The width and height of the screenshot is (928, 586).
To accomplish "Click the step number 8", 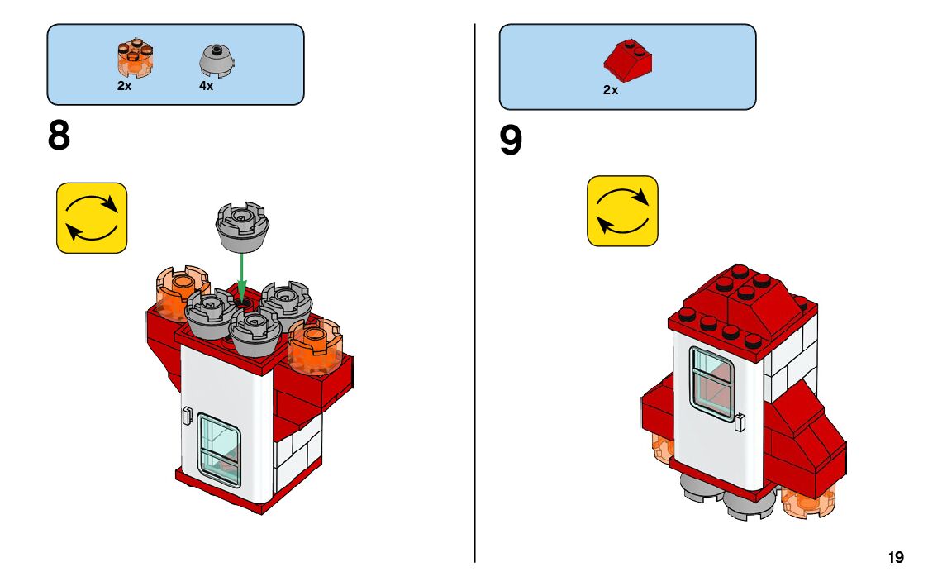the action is pyautogui.click(x=59, y=136).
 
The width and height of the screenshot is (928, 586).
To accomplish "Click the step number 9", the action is pyautogui.click(x=511, y=141).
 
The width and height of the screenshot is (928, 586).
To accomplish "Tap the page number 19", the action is pyautogui.click(x=896, y=558).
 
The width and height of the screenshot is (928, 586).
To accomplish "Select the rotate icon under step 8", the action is pyautogui.click(x=92, y=217).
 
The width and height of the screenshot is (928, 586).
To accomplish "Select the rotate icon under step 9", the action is pyautogui.click(x=622, y=211).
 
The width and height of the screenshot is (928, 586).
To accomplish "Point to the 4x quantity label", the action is pyautogui.click(x=206, y=86).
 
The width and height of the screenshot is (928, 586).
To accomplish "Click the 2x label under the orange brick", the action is pyautogui.click(x=124, y=86).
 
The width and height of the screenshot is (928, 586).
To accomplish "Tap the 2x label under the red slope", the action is pyautogui.click(x=611, y=91).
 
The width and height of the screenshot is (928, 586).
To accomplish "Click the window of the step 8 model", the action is pyautogui.click(x=219, y=450).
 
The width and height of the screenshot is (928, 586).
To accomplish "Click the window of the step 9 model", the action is pyautogui.click(x=711, y=380).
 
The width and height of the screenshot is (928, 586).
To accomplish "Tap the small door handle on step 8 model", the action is pyautogui.click(x=187, y=414).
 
